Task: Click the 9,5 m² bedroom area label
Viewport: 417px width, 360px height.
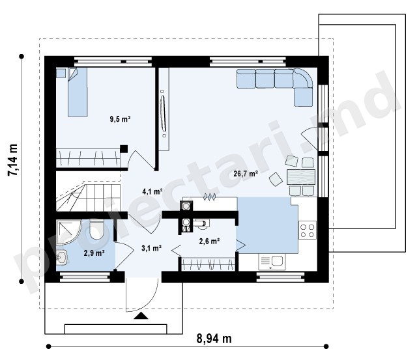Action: click(x=120, y=119)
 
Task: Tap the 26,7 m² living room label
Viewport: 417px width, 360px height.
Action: click(x=246, y=174)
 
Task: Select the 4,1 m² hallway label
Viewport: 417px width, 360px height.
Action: click(x=152, y=191)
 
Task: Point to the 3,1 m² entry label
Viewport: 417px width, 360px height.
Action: click(x=152, y=248)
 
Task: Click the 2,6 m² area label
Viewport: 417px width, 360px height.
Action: click(x=209, y=242)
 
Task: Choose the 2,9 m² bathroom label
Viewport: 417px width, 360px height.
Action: click(x=94, y=253)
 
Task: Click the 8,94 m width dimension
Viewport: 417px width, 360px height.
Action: click(x=214, y=339)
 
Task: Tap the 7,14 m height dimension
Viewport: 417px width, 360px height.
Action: click(x=13, y=160)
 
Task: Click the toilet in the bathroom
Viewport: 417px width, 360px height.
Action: click(x=96, y=229)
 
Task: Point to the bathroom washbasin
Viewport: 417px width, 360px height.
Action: click(x=62, y=257)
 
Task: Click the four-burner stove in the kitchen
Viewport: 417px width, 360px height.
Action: click(x=308, y=230)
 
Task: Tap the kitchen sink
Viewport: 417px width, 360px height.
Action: click(x=272, y=262)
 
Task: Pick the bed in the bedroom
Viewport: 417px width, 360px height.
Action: click(x=78, y=92)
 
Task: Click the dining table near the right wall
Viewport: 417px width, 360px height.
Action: click(x=301, y=177)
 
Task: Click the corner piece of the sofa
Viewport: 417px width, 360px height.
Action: click(x=303, y=78)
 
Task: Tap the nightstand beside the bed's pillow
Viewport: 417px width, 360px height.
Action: click(x=61, y=73)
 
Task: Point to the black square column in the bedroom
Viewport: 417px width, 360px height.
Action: click(x=124, y=149)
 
